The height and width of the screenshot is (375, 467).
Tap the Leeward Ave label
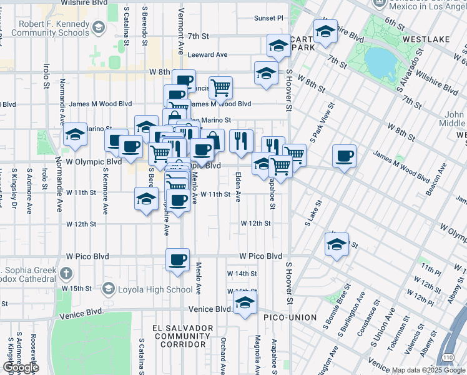(208, 55)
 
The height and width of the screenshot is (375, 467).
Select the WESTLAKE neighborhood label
(426, 39)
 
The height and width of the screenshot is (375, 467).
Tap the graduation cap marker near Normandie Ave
(75, 134)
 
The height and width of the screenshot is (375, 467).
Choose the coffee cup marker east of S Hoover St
(343, 156)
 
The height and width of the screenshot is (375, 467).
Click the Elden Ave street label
(238, 187)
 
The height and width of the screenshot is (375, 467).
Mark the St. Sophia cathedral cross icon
(66, 272)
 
